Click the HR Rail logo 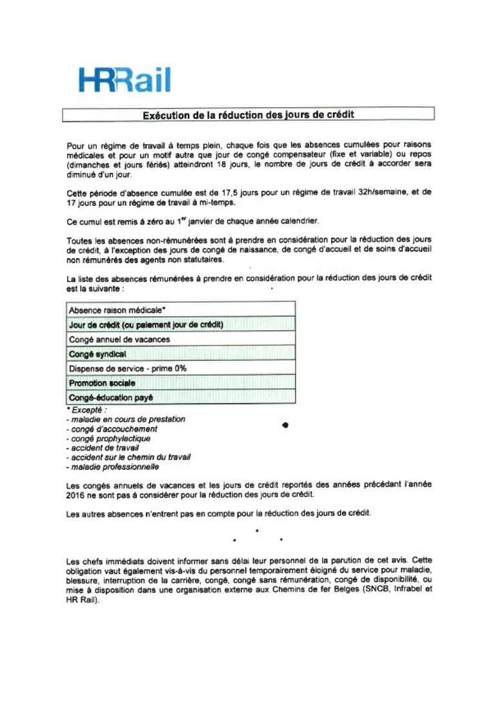pos(125,79)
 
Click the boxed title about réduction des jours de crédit pos(248,115)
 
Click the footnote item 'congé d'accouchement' pos(112,429)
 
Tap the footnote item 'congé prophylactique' pos(110,438)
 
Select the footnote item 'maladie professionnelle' pos(112,467)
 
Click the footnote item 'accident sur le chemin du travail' pos(128,457)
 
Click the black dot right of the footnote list pos(285,425)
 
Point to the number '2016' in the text pos(76,495)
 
